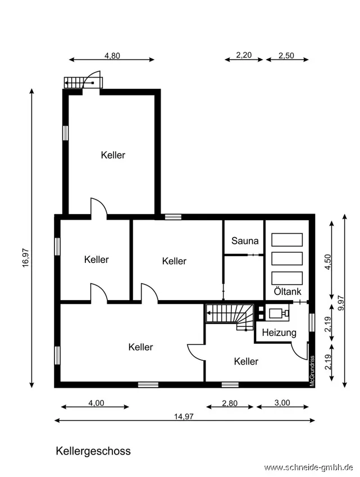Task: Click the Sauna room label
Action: coord(245,241)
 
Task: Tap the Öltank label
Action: coord(288,291)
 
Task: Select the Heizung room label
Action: coord(279,333)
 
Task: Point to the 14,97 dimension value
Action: coord(184,416)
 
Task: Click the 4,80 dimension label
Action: coord(112,56)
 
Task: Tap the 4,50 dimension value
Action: coord(328,262)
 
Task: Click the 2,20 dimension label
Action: coord(244,55)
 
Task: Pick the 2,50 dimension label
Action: coord(286,56)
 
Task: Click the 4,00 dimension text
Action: coord(96,403)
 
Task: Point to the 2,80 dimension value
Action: coord(230,403)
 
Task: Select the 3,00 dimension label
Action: coord(282,403)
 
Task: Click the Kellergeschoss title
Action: coord(93,451)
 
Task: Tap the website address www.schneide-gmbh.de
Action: coord(309,467)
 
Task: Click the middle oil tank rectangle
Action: coord(287,258)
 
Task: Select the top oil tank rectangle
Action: coord(287,240)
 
